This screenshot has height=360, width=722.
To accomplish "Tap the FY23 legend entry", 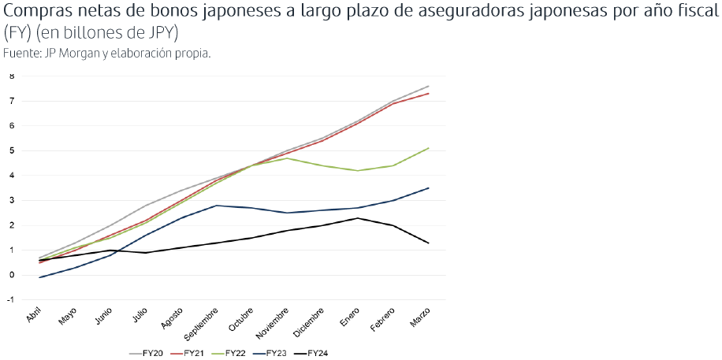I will point(276,352).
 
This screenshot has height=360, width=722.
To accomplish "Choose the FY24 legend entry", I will point(318,352).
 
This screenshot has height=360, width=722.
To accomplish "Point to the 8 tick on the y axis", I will point(13,76).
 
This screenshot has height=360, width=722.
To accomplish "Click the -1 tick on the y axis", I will point(11,300).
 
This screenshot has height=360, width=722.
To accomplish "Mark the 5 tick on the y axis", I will point(13,150).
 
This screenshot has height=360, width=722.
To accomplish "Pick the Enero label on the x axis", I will point(351,315).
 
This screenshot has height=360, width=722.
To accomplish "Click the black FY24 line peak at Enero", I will point(358,218).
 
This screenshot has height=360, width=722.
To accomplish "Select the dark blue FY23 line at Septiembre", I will point(216,206).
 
